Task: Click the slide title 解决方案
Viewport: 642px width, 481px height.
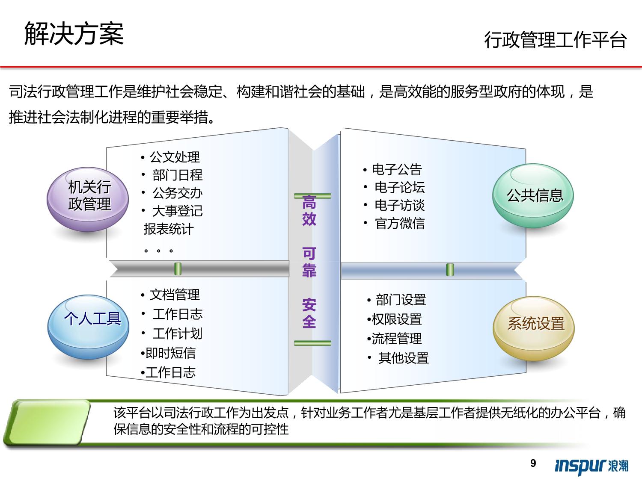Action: pos(74,34)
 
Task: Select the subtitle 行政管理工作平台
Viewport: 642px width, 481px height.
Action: pos(556,40)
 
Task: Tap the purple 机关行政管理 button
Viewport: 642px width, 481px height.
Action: pos(88,199)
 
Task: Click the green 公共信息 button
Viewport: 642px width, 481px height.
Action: pos(533,195)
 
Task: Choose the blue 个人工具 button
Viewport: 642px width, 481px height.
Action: pos(88,327)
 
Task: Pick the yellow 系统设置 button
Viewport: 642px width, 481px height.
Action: pos(534,328)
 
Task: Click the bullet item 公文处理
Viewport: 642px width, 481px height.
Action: pos(175,157)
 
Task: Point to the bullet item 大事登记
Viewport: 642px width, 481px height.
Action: pos(177,211)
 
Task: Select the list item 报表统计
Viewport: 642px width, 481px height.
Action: pos(169,229)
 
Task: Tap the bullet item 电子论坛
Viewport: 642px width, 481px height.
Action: pos(399,187)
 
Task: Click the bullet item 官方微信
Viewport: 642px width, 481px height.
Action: pos(399,224)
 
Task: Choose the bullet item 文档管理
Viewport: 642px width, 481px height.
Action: pos(175,295)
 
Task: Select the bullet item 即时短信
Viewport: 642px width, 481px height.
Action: pos(170,353)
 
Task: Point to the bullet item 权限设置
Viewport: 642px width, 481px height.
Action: pos(397,319)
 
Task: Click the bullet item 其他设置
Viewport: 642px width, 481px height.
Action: pos(404,358)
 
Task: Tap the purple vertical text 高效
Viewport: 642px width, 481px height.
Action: pos(309,211)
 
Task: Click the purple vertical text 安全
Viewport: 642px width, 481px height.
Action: pos(309,313)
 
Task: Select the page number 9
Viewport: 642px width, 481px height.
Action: pos(533,463)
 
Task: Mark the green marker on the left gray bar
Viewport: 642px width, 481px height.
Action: pos(178,269)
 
